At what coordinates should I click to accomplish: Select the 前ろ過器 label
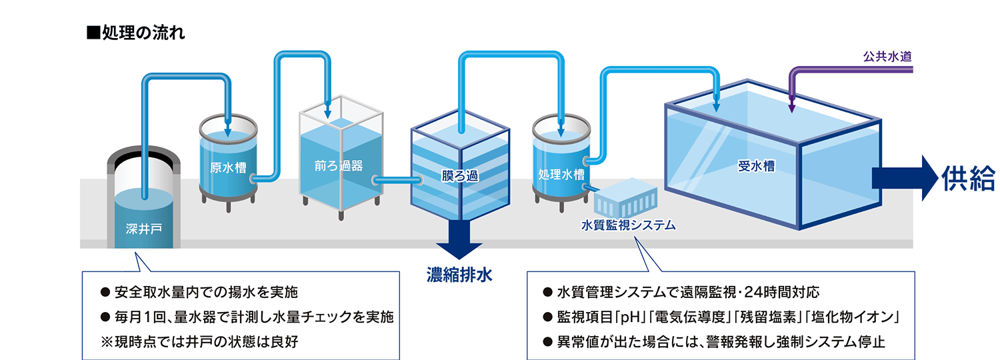point(339,166)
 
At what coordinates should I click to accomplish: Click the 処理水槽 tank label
point(561,175)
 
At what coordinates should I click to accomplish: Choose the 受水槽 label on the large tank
point(756,167)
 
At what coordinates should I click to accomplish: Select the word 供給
point(968,179)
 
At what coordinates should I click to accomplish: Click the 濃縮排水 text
point(459,275)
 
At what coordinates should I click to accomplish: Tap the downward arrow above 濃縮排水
point(459,241)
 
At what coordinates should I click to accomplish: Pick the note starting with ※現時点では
point(199,342)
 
